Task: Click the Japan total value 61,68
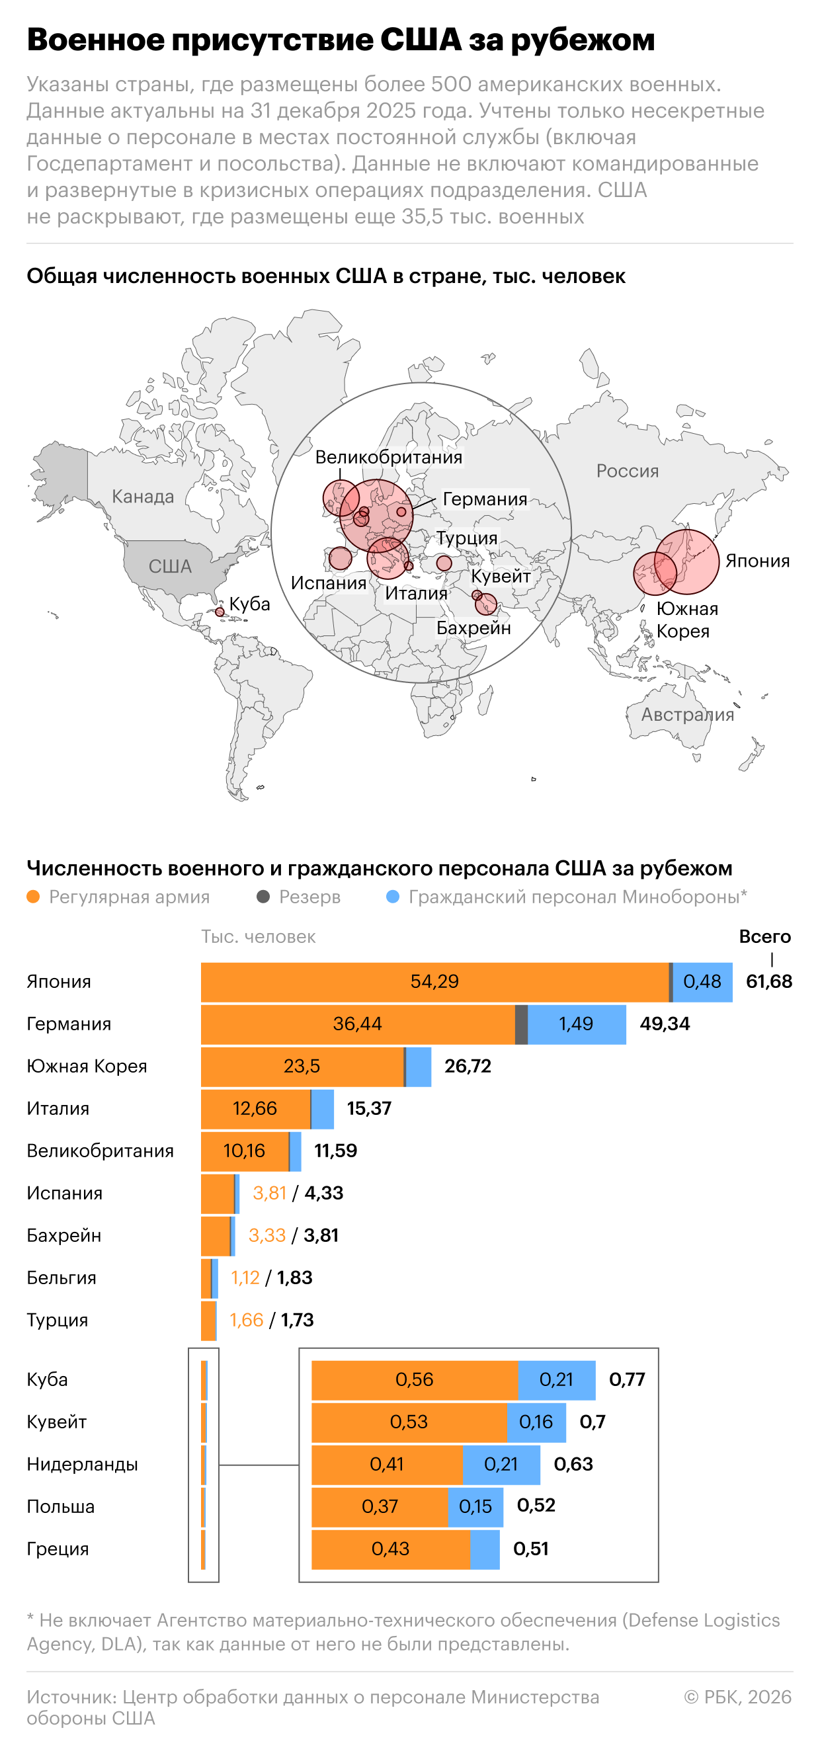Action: click(768, 981)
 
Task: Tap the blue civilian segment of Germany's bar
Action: click(577, 1024)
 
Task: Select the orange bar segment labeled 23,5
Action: click(302, 1066)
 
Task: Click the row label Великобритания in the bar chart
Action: click(100, 1150)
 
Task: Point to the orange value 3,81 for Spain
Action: click(269, 1192)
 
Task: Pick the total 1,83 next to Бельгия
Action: click(294, 1278)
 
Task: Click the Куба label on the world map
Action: click(249, 604)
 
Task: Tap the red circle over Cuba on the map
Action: click(220, 612)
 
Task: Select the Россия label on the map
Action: click(628, 470)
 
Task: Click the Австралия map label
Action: click(688, 714)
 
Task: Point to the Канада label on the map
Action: click(143, 496)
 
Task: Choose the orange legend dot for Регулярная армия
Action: click(32, 897)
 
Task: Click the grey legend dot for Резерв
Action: click(263, 897)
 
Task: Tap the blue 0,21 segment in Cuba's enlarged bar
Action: click(556, 1379)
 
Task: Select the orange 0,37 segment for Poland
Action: click(380, 1506)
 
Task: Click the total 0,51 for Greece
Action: click(530, 1549)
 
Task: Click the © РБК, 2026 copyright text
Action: click(738, 1697)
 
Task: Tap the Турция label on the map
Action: click(467, 538)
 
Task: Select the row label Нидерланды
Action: click(82, 1464)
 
